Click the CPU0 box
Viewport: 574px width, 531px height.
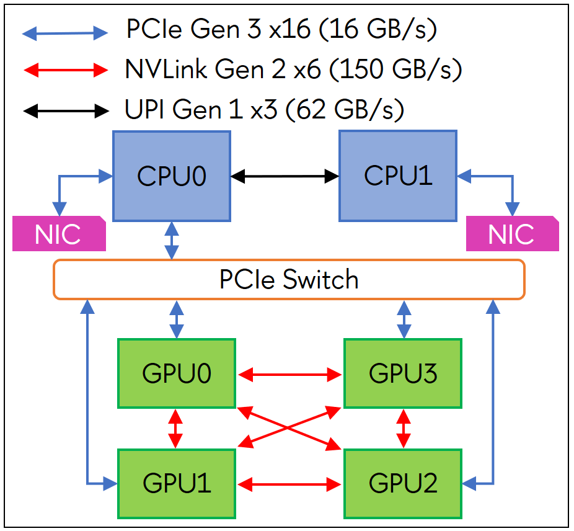click(x=171, y=176)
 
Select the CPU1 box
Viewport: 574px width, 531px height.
click(x=397, y=176)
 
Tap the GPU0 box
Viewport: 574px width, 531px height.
click(x=177, y=373)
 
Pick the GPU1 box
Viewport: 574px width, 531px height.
click(x=177, y=483)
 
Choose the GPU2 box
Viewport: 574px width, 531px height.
click(x=403, y=483)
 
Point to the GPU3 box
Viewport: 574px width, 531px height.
click(x=403, y=373)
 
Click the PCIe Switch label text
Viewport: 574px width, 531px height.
click(x=289, y=280)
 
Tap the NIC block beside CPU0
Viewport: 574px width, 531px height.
click(x=58, y=234)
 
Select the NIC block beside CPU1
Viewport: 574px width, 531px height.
click(x=511, y=234)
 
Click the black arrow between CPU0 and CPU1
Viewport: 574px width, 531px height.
click(x=285, y=177)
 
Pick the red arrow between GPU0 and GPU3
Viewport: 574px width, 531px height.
click(x=290, y=374)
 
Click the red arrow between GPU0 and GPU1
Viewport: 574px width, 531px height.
click(x=176, y=428)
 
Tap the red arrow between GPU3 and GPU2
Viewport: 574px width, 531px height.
click(x=404, y=428)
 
